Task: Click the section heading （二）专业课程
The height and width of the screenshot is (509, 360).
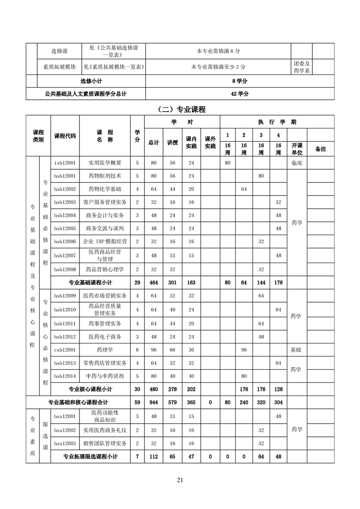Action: [180, 109]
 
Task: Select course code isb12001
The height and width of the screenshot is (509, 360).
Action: [65, 162]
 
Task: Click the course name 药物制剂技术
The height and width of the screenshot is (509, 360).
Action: [105, 176]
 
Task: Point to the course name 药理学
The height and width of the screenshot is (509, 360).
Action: [105, 350]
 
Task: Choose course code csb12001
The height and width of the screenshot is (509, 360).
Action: [65, 350]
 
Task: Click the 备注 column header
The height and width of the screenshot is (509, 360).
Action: [321, 148]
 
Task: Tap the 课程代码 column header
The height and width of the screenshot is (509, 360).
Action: [65, 136]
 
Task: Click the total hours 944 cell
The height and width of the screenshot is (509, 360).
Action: [153, 402]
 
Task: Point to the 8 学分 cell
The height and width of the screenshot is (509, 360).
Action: [239, 81]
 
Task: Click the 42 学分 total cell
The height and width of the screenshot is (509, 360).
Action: [239, 94]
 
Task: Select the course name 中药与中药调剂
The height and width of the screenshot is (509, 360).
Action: [105, 376]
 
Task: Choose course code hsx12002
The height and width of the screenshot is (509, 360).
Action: [65, 430]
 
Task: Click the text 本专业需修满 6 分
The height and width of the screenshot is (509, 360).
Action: [218, 51]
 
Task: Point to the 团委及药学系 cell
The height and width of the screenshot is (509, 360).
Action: [301, 67]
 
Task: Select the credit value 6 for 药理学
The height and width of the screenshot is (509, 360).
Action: [137, 350]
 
